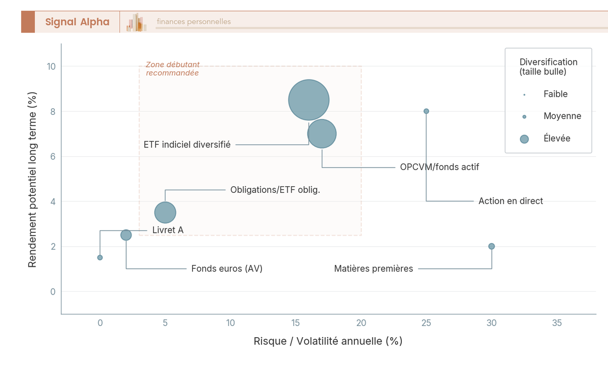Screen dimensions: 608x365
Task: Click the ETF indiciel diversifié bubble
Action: click(309, 100)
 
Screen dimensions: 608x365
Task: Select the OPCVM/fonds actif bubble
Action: click(322, 134)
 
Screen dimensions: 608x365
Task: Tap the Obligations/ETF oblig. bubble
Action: click(165, 212)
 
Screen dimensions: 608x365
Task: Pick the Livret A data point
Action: click(100, 257)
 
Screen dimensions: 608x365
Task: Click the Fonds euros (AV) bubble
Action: click(126, 235)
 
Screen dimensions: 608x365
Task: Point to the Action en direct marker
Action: click(426, 111)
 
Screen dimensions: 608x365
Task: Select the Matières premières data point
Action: click(491, 246)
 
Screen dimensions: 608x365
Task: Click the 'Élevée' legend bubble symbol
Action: click(524, 139)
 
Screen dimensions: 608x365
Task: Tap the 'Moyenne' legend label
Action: click(562, 116)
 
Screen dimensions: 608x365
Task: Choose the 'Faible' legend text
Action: click(555, 94)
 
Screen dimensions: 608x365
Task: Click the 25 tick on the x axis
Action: click(426, 322)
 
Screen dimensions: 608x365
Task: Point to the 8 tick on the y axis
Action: click(53, 111)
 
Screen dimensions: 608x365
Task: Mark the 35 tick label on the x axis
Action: click(557, 322)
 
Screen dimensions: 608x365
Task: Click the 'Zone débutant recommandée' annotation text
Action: click(172, 69)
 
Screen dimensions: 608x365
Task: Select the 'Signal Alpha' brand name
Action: click(78, 22)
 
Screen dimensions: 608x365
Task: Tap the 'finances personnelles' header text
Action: click(194, 21)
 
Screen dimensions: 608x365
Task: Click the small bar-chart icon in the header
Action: click(136, 22)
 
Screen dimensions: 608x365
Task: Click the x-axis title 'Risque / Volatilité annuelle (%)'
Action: click(328, 341)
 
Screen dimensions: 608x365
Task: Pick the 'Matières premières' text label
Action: click(373, 268)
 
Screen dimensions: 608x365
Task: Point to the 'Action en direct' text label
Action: click(511, 201)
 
